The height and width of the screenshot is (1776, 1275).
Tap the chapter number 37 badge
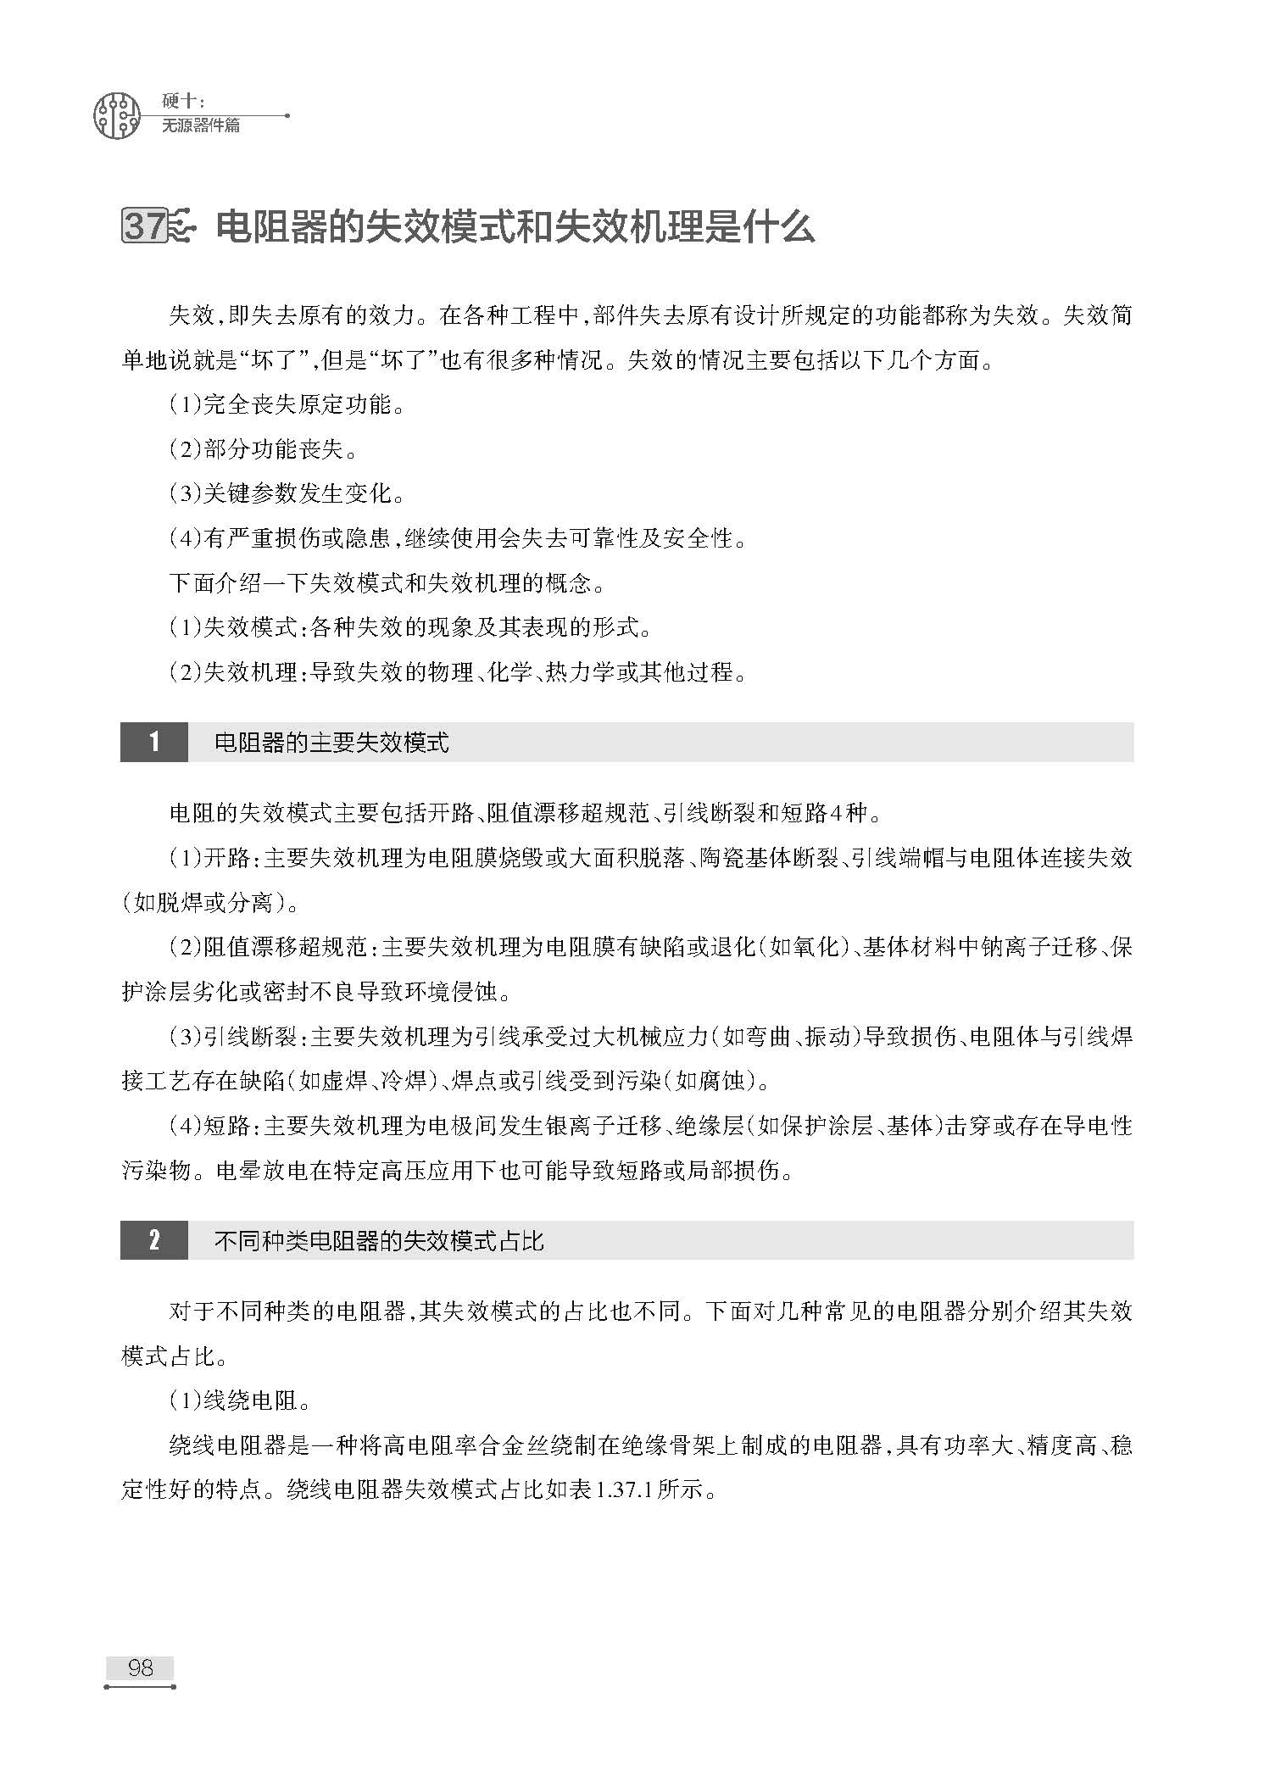click(x=145, y=227)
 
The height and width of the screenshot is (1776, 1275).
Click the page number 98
click(x=140, y=1667)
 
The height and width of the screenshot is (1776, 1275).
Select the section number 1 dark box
click(x=153, y=743)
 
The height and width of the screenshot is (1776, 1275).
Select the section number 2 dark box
click(x=153, y=1241)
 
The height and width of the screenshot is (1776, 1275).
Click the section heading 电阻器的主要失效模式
click(x=331, y=743)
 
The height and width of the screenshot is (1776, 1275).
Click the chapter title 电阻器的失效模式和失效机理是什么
click(x=515, y=227)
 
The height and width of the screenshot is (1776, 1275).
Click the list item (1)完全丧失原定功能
click(x=287, y=405)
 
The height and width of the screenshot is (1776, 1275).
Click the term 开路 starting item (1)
click(x=226, y=858)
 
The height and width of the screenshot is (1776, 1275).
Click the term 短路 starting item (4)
click(x=226, y=1126)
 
